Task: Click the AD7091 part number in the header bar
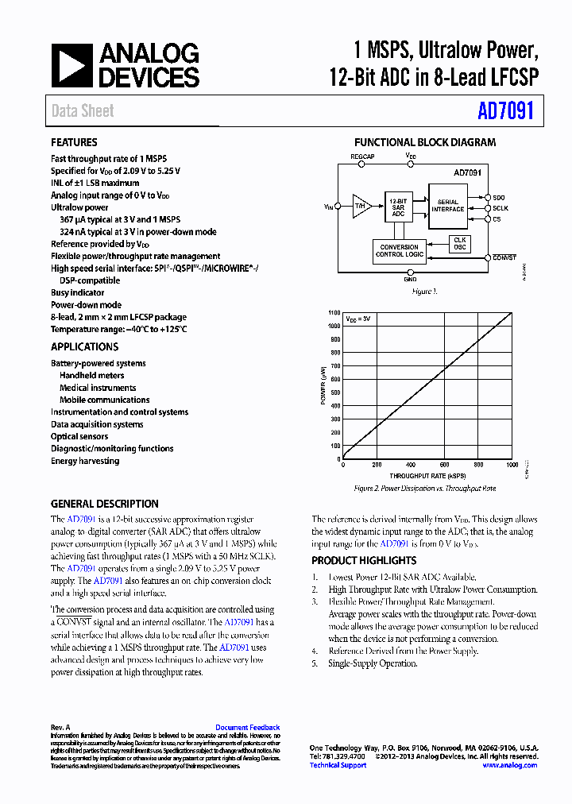point(505,111)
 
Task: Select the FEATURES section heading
point(74,143)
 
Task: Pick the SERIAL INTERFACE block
point(448,205)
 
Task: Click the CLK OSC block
point(459,243)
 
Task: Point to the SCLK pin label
point(500,207)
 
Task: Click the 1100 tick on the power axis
point(334,312)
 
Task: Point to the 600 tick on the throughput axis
point(445,465)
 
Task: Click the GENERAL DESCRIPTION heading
point(104,504)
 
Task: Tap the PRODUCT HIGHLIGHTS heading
point(363,560)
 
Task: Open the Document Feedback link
point(247,728)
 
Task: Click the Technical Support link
point(338,765)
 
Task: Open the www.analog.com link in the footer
point(509,765)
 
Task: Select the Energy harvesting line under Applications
point(85,461)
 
